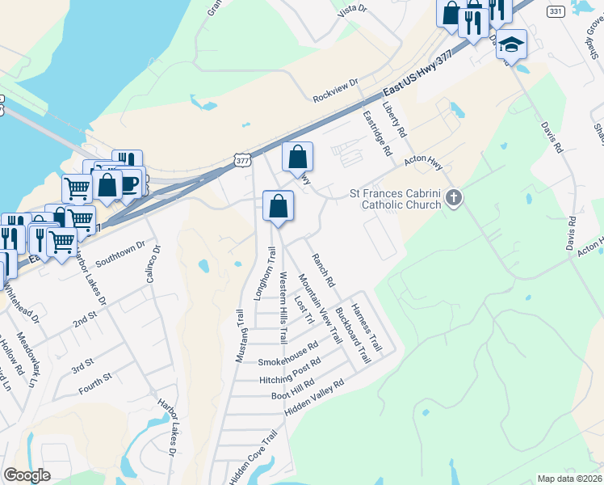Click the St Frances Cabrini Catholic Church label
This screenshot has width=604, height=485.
[396, 199]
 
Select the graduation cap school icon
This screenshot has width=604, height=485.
[511, 44]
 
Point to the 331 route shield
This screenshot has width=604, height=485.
[555, 11]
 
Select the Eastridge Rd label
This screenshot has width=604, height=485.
[376, 133]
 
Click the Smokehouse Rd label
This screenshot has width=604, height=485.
[288, 355]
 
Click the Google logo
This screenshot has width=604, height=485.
[27, 475]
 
